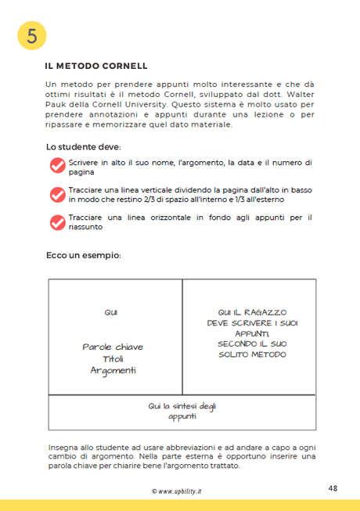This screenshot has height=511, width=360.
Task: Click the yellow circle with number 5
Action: [x=32, y=34]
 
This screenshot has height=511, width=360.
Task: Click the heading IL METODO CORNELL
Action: [x=96, y=66]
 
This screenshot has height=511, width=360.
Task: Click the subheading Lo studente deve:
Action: [x=83, y=146]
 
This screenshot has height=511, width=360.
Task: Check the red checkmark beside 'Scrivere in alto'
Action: [x=57, y=166]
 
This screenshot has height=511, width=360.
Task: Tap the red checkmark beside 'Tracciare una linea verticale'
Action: [x=57, y=194]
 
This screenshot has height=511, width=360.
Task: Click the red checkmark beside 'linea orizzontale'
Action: [x=57, y=222]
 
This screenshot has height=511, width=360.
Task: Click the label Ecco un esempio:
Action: [x=84, y=255]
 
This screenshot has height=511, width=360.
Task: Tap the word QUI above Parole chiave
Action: [x=111, y=313]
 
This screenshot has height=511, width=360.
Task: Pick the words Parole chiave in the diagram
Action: [x=113, y=347]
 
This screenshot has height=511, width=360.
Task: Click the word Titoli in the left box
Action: [x=113, y=358]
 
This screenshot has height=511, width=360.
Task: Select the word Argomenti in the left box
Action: [x=113, y=370]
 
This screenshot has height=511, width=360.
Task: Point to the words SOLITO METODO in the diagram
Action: [x=252, y=354]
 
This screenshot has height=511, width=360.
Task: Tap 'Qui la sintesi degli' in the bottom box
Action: [x=182, y=406]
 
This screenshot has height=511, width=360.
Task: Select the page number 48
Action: [x=333, y=488]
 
